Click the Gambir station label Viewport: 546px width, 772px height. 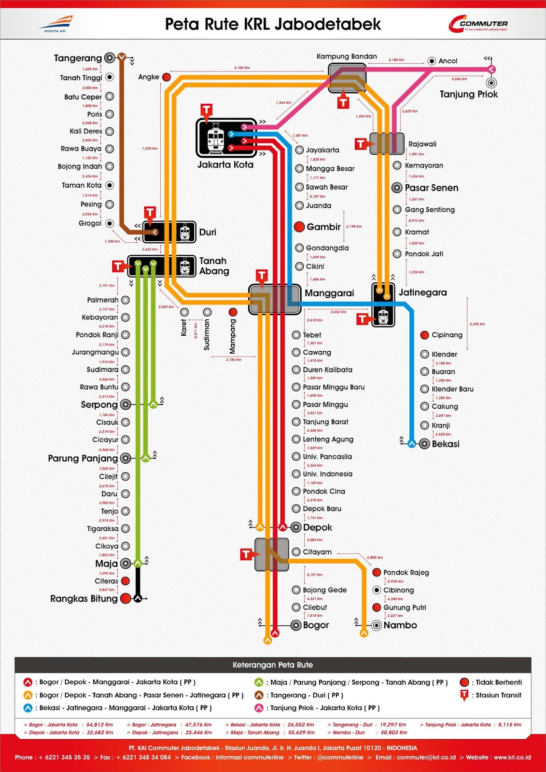(323, 227)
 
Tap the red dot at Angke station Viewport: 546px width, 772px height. (167, 77)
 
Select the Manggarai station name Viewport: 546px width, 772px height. (329, 293)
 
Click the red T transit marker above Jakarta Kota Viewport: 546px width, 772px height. (207, 110)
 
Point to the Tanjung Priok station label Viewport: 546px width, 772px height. (468, 94)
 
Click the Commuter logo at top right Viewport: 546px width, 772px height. (478, 24)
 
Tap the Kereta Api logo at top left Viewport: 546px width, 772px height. (56, 23)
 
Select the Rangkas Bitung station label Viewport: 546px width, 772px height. (84, 599)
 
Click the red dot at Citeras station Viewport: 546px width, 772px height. (126, 581)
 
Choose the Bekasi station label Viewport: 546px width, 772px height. (445, 444)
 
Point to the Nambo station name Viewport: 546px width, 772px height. (400, 625)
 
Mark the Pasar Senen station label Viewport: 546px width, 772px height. (431, 188)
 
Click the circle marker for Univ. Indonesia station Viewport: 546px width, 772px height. (296, 474)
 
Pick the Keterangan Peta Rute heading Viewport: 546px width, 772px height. (273, 665)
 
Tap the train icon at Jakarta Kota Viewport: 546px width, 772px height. (215, 138)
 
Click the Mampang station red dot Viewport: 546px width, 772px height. (233, 312)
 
